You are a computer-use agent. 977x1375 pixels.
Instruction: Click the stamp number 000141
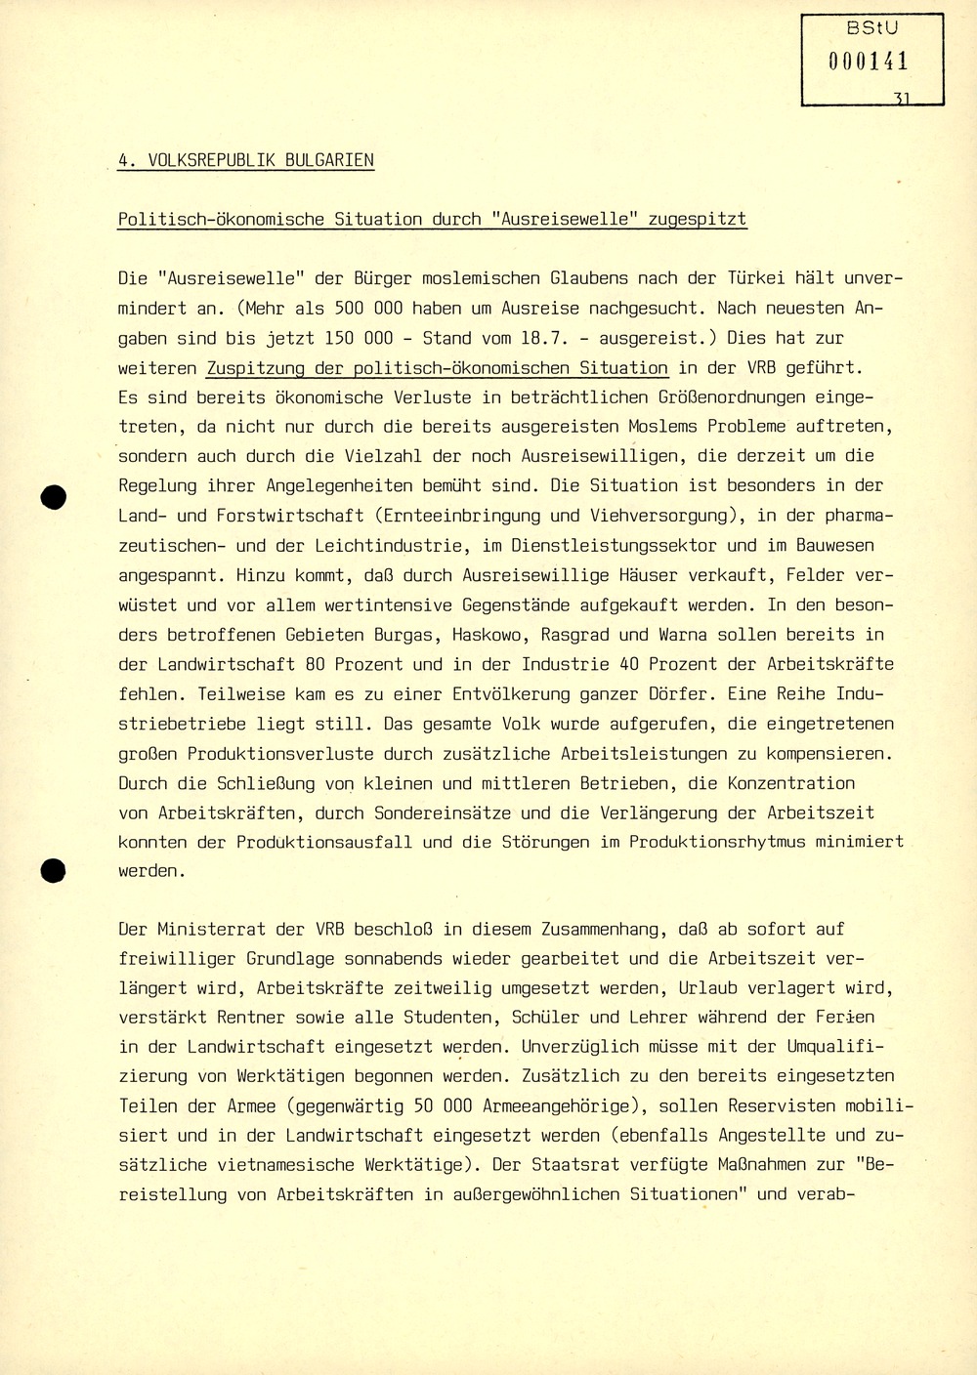[869, 62]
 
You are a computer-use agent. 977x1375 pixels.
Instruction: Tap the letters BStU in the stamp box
[871, 29]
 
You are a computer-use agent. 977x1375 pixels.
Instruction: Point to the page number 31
[902, 99]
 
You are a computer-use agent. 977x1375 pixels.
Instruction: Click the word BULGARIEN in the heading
[329, 160]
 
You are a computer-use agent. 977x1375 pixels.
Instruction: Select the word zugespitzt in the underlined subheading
[698, 220]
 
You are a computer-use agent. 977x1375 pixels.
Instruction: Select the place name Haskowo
[491, 635]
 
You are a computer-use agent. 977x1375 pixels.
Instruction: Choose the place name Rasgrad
[575, 635]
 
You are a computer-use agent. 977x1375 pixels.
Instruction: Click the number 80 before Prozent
[315, 664]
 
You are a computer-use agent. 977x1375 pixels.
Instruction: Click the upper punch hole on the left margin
[54, 497]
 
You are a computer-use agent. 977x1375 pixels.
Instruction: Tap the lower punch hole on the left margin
[54, 870]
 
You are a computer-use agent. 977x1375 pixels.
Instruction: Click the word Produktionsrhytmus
[717, 842]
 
